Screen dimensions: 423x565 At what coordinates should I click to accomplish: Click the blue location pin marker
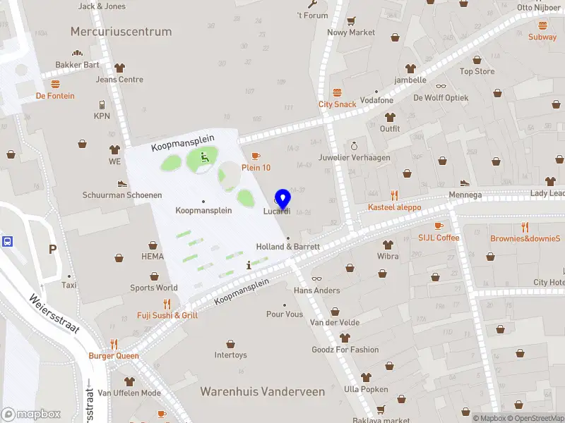tap(283, 200)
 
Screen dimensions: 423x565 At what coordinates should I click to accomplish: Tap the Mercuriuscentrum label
tap(121, 32)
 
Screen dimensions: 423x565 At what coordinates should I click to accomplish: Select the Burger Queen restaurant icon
tap(113, 345)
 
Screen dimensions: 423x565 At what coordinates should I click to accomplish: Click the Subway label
tap(542, 37)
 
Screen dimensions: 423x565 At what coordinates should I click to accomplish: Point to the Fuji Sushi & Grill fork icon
tap(167, 304)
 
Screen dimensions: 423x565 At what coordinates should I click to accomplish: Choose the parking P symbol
tap(52, 249)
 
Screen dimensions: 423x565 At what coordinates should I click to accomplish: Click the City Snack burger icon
tap(337, 92)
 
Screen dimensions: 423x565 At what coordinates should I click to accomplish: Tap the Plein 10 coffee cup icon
tap(256, 156)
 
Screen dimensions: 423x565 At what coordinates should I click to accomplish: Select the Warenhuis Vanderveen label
tap(263, 391)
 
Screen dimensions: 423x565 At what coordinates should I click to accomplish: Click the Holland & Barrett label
tap(287, 247)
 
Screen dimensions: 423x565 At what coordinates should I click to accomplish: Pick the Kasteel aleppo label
tap(394, 207)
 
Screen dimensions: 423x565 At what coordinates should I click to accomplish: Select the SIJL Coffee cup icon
tap(439, 226)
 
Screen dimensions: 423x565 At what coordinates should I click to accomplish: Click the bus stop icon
tap(7, 241)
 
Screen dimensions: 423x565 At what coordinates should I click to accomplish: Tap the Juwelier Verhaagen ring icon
tap(354, 145)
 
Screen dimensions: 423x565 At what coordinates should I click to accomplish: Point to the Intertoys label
tap(231, 355)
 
